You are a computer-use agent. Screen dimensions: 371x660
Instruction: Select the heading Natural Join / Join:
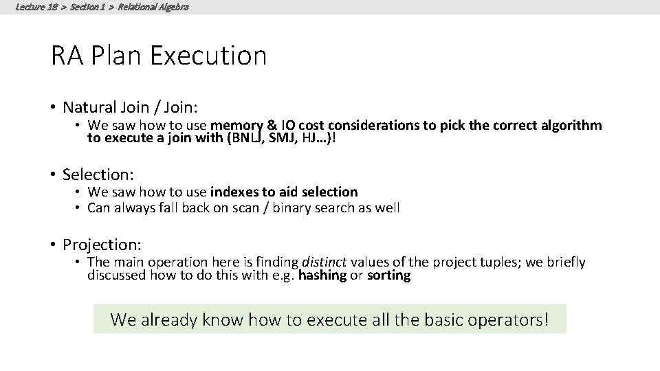pos(130,107)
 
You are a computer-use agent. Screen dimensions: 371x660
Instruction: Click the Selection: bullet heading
pos(98,175)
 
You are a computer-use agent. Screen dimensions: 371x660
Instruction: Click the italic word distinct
pos(322,262)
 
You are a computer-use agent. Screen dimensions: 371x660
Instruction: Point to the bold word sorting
pos(388,276)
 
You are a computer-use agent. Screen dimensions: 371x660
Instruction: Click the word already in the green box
pos(167,319)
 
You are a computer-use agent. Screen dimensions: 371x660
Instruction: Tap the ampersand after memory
pos(270,125)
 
